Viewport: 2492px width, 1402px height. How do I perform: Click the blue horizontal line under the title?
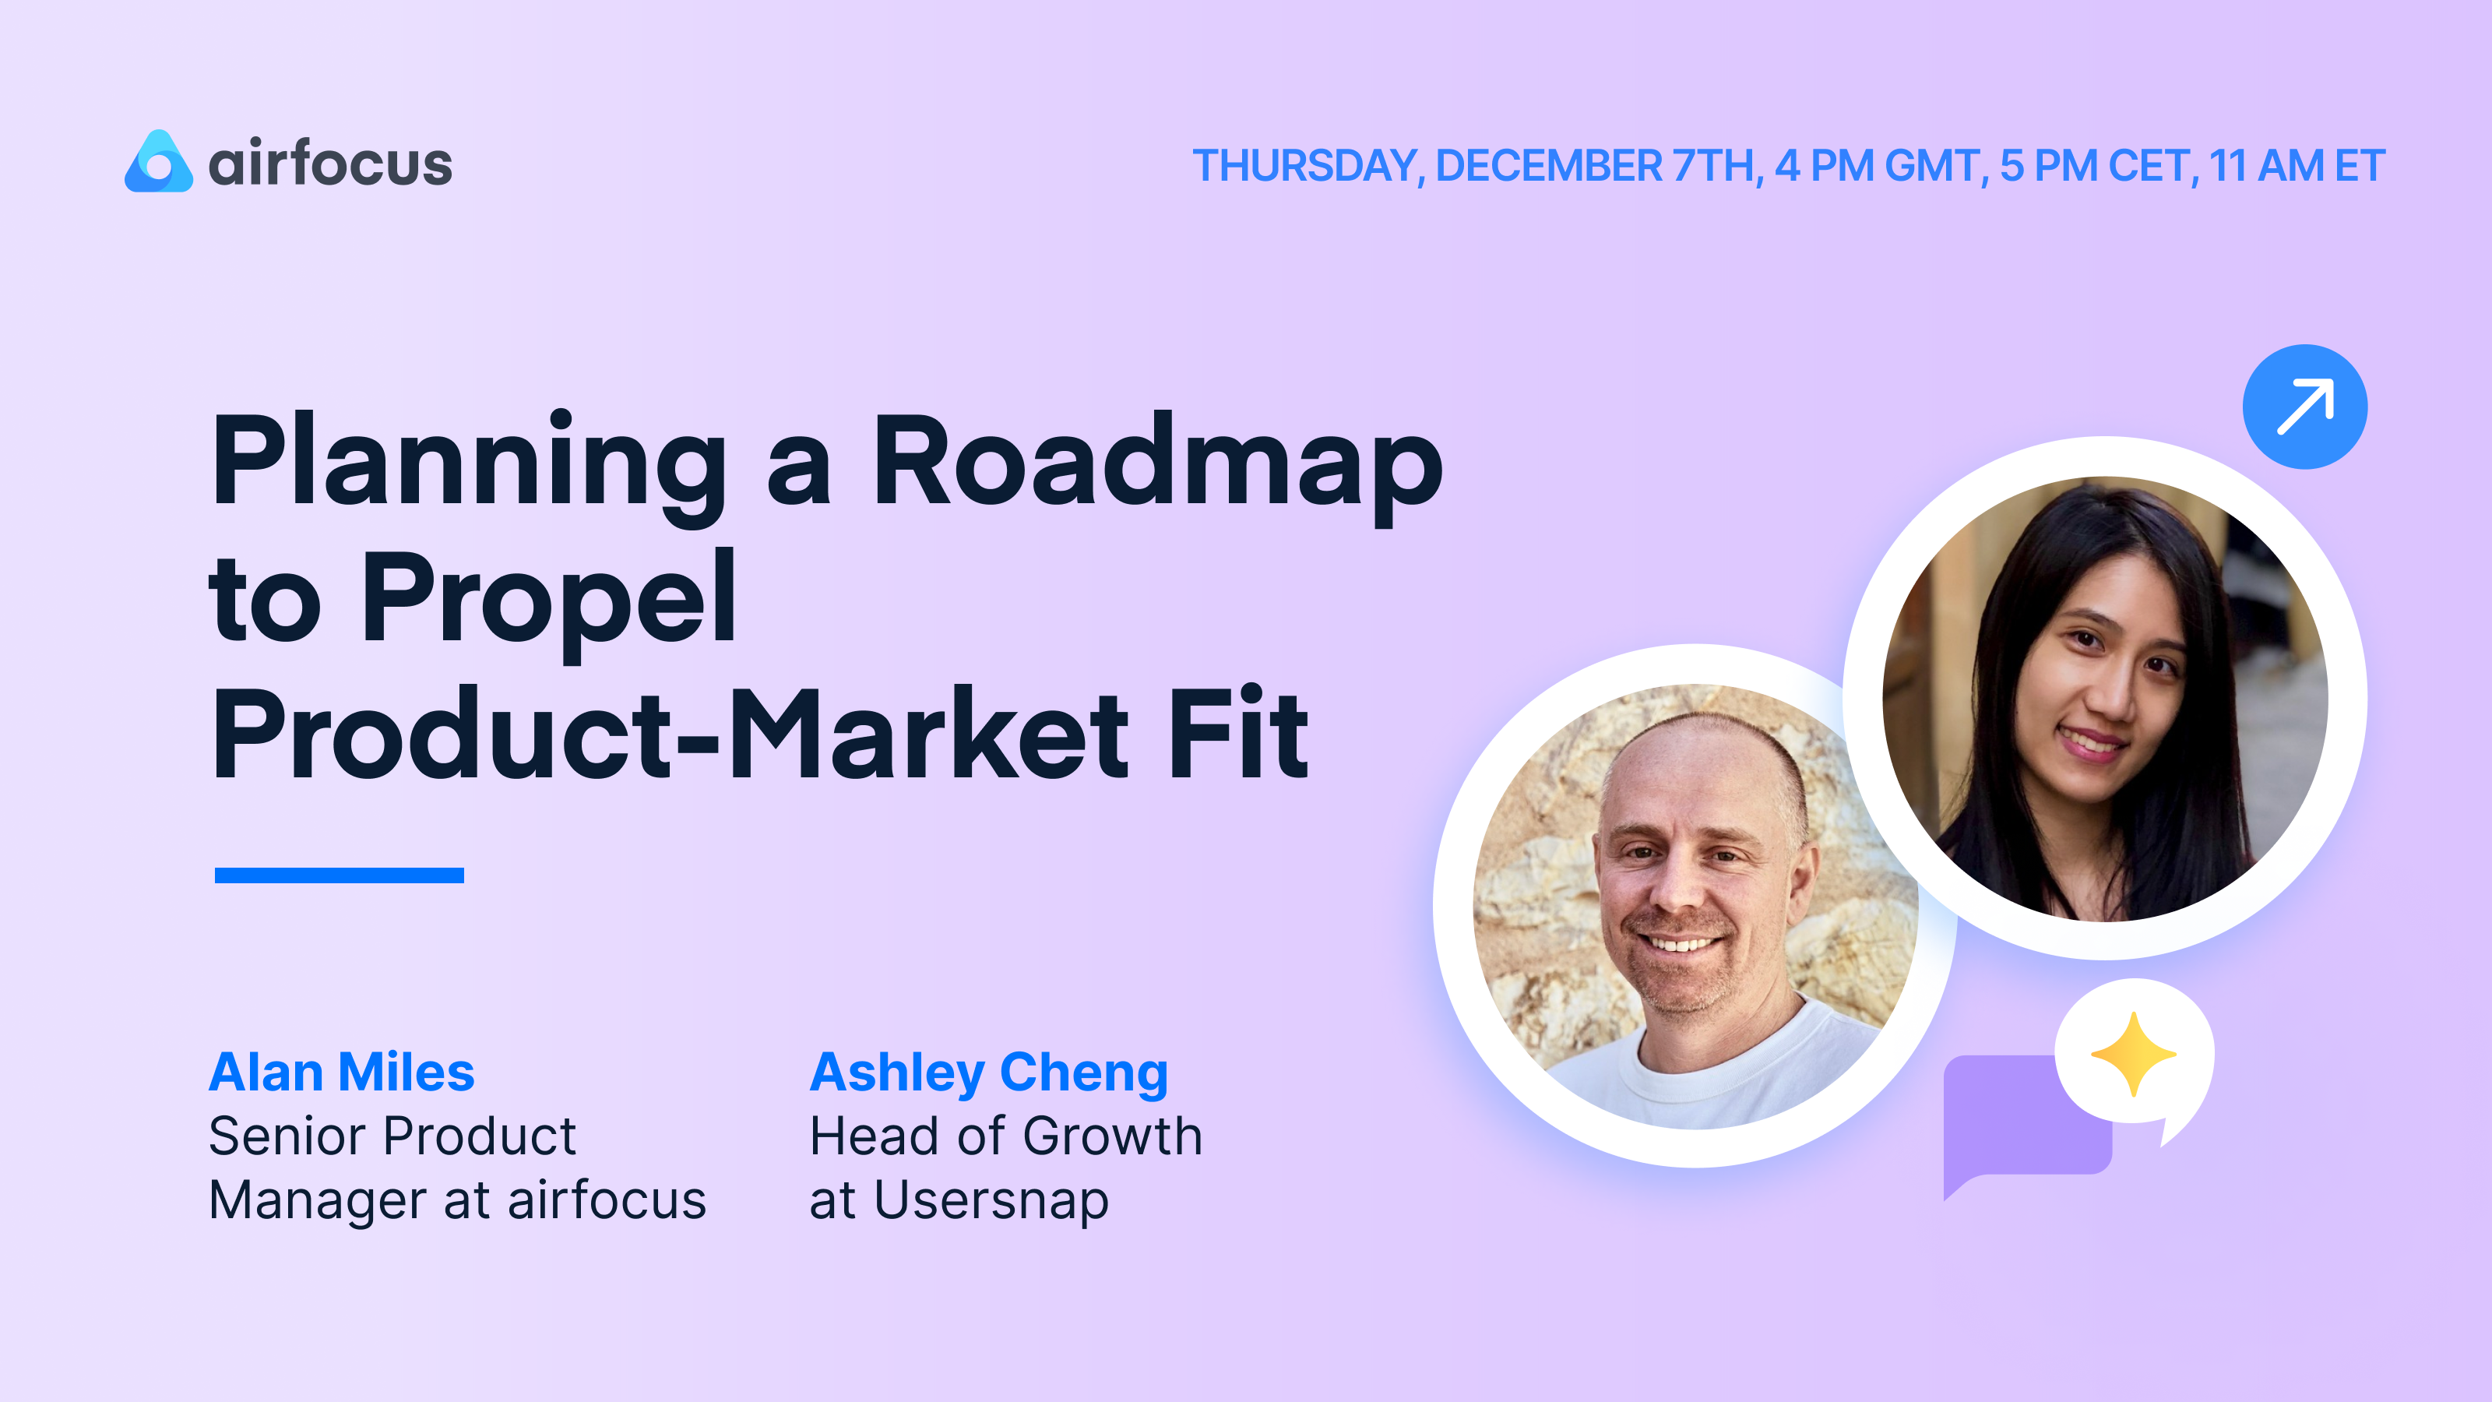(x=339, y=875)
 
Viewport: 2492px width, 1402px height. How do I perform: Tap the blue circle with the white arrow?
(x=2304, y=407)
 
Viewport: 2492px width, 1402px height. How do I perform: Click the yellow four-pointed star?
(x=2133, y=1055)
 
